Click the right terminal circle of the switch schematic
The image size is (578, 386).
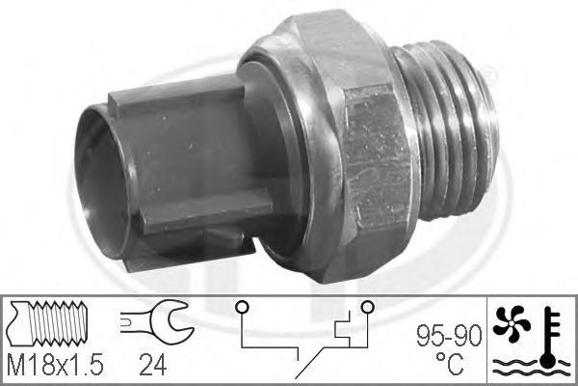point(366,308)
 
